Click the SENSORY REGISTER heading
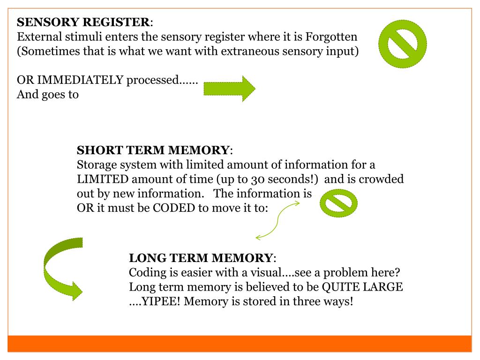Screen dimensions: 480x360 click(x=84, y=22)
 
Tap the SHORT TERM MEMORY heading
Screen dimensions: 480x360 click(x=153, y=151)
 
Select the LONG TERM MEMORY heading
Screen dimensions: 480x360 click(x=201, y=258)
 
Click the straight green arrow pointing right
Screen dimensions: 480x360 click(x=229, y=89)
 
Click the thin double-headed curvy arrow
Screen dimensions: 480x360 click(x=277, y=220)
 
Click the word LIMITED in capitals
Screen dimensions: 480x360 click(x=103, y=180)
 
